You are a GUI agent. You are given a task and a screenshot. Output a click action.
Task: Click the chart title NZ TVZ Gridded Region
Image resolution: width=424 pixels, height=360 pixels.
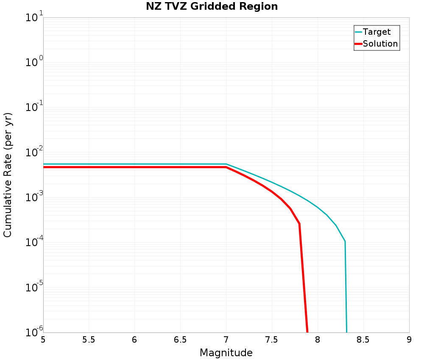(x=212, y=7)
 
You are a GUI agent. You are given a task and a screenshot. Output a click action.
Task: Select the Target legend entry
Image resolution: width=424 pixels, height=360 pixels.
(x=377, y=32)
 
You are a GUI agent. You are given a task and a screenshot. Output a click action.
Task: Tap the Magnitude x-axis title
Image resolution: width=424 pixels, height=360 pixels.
(x=226, y=352)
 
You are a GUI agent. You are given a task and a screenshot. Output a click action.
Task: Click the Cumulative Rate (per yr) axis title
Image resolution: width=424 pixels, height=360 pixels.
(x=8, y=175)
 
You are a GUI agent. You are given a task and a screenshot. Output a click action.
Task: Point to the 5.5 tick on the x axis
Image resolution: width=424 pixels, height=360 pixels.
(x=89, y=340)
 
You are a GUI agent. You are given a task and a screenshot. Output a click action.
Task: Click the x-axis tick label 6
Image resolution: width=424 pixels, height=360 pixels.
(x=134, y=340)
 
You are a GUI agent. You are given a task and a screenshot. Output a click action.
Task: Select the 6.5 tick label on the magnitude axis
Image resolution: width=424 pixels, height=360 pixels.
(x=180, y=340)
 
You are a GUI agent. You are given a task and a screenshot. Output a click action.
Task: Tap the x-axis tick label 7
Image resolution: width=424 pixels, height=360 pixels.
(x=226, y=340)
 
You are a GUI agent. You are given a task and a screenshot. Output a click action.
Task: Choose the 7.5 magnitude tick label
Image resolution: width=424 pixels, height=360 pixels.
(x=272, y=340)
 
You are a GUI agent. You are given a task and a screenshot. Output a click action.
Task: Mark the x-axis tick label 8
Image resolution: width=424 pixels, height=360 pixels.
(x=318, y=340)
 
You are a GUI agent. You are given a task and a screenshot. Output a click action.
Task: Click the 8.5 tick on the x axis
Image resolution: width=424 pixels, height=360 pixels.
(x=363, y=340)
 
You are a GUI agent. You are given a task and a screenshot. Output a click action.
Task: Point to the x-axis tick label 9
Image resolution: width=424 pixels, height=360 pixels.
(x=409, y=340)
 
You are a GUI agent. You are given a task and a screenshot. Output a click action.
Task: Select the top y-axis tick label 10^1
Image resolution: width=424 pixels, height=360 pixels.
(x=34, y=18)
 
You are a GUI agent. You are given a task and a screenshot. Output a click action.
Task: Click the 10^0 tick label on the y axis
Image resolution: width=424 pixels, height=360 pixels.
(x=34, y=62)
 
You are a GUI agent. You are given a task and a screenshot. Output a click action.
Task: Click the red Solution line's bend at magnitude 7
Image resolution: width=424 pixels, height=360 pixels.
(x=226, y=167)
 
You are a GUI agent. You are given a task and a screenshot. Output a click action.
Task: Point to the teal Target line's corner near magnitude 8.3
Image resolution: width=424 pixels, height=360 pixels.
(x=345, y=241)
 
